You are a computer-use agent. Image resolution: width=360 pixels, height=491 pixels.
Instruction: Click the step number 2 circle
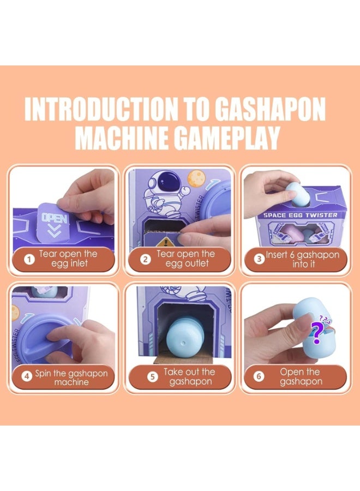point(146,260)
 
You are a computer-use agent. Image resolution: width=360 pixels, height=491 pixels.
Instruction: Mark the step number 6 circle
point(260,377)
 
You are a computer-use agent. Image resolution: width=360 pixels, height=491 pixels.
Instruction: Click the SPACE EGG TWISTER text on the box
point(301,215)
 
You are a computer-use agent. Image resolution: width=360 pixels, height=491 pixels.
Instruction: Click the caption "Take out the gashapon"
point(189,377)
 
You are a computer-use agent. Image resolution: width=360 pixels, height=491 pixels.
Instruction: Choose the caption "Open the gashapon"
point(300,377)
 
